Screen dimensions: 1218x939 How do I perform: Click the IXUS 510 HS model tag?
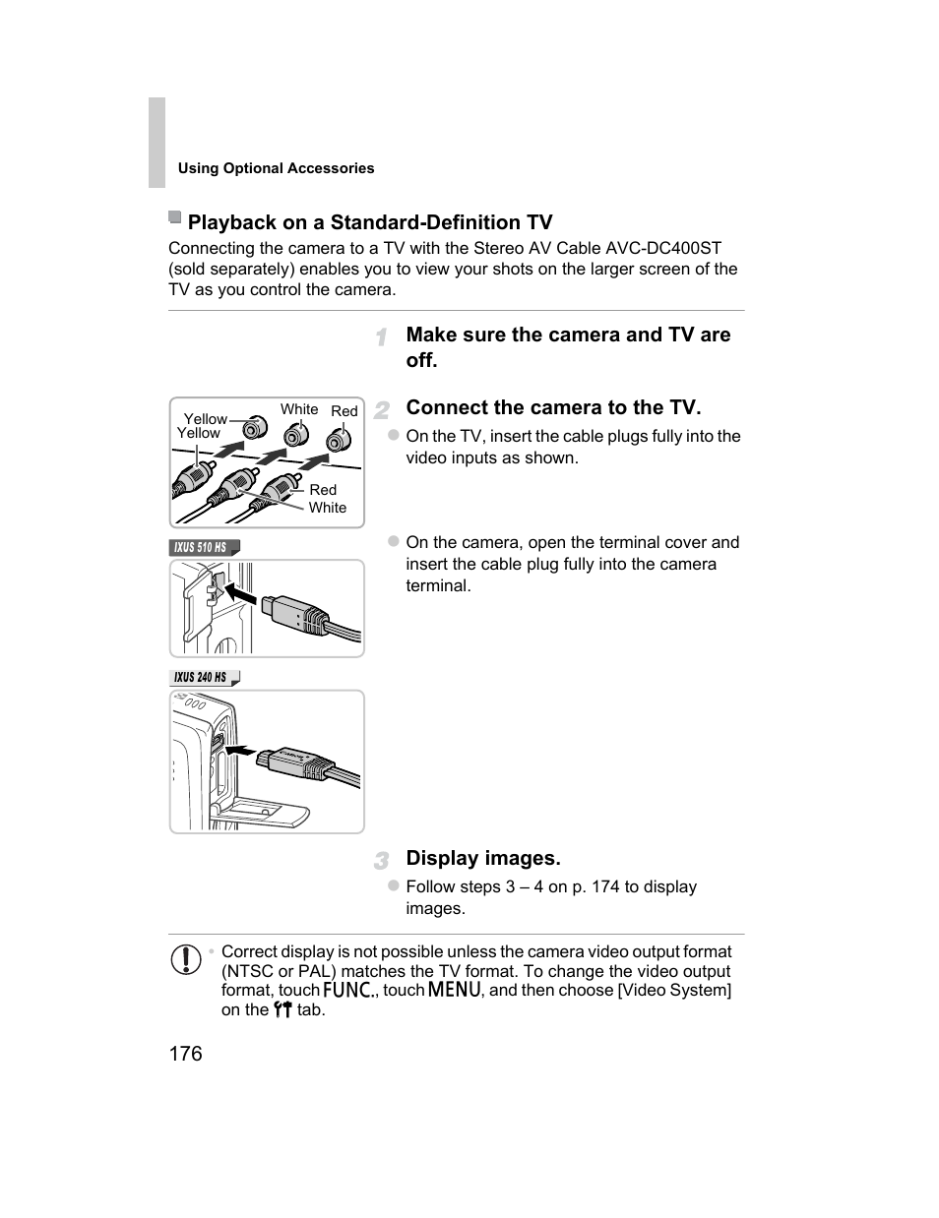(201, 547)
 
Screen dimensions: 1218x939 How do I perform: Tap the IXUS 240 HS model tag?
(201, 677)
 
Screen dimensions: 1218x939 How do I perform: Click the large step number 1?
(381, 337)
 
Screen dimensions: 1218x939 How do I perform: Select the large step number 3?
(381, 860)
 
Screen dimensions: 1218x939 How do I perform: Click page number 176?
(185, 1054)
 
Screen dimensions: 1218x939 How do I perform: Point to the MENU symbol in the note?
(454, 990)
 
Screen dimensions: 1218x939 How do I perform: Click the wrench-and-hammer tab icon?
(282, 1009)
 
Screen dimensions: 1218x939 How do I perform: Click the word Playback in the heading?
(231, 222)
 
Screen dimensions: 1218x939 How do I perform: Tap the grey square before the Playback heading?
(175, 217)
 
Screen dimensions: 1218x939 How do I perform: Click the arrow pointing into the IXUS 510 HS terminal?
(240, 595)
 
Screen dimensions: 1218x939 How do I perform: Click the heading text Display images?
(482, 858)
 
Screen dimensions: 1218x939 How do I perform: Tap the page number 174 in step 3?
(605, 886)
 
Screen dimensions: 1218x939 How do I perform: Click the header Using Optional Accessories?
(276, 168)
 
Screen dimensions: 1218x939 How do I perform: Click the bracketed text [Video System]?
(674, 990)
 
